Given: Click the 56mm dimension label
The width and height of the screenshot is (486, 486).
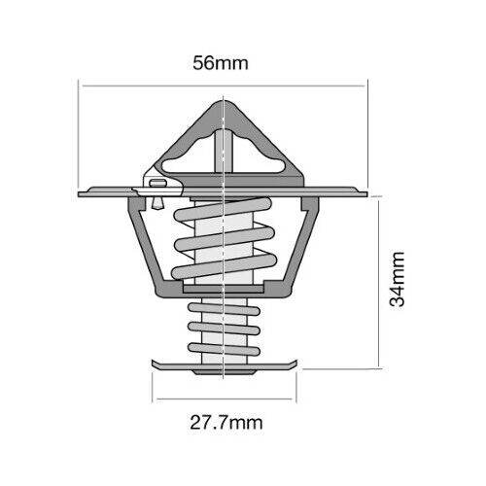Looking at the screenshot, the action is click(x=221, y=63).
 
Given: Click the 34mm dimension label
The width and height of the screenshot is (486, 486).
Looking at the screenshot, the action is click(x=397, y=279).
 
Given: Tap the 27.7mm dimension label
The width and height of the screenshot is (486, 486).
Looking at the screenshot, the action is click(x=226, y=423).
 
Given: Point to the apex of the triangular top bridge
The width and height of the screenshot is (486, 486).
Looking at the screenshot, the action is click(x=224, y=101).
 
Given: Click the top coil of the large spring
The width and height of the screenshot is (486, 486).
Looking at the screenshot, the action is click(x=223, y=209).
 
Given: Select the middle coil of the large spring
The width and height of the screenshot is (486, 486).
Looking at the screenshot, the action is click(x=225, y=239).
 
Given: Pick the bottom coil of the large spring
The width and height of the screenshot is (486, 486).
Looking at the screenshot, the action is click(x=224, y=266).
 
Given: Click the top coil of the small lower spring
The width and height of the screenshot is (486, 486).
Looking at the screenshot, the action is click(x=224, y=309).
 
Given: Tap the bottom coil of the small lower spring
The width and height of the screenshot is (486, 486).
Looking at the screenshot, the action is click(x=224, y=349).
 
